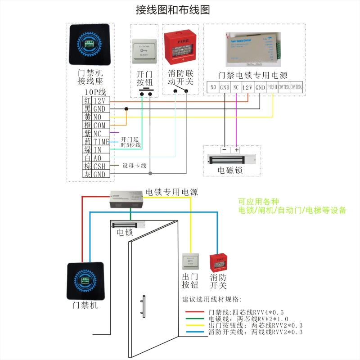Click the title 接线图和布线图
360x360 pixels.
(x=173, y=10)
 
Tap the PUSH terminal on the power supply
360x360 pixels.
(x=272, y=87)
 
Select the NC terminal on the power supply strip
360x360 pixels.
(x=236, y=87)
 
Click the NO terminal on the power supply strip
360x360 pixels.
(x=213, y=87)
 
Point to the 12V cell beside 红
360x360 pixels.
(x=99, y=101)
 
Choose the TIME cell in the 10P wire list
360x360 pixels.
(x=101, y=142)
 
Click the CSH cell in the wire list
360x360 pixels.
(x=100, y=166)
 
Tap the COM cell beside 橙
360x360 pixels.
(x=99, y=126)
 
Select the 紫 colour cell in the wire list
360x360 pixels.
(x=87, y=134)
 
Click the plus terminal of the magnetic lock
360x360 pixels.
(x=236, y=150)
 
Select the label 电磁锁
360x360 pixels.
(x=230, y=171)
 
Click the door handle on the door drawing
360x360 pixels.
(x=143, y=307)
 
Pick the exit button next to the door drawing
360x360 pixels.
(x=190, y=262)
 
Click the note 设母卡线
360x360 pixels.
(x=135, y=166)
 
